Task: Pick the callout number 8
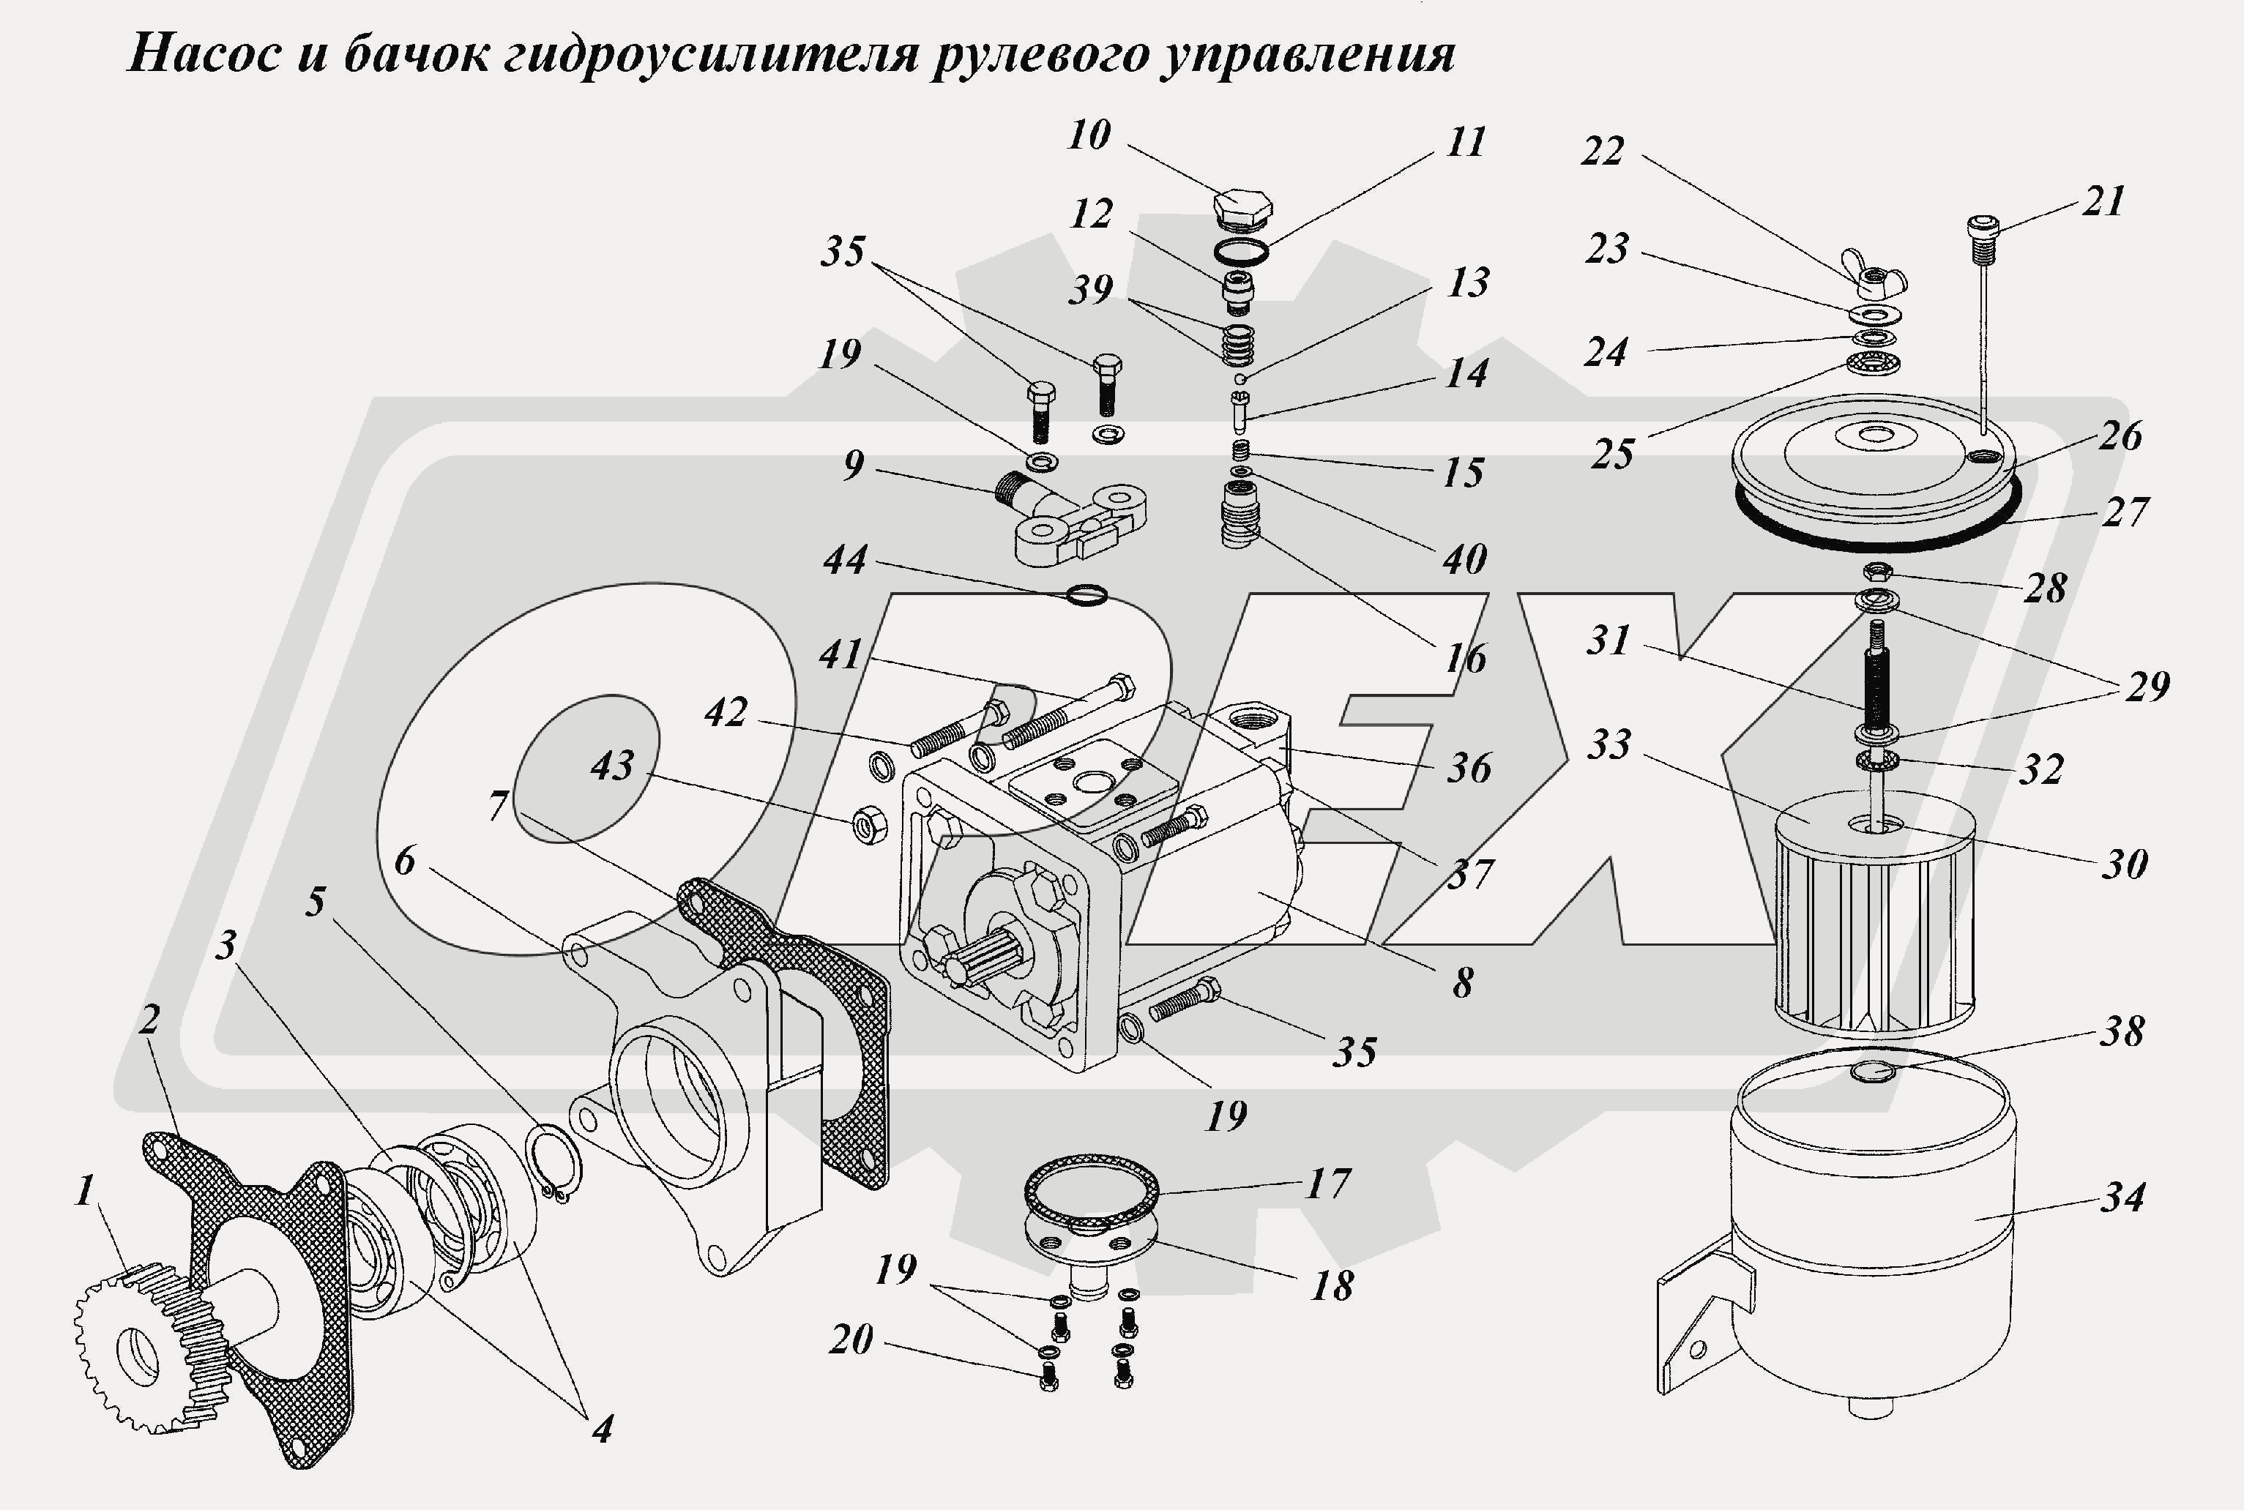(x=1462, y=983)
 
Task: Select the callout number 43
(x=613, y=766)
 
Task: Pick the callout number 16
(x=1465, y=659)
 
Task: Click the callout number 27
(x=2124, y=512)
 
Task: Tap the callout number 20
(x=851, y=1339)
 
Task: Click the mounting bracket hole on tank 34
(x=1698, y=1348)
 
